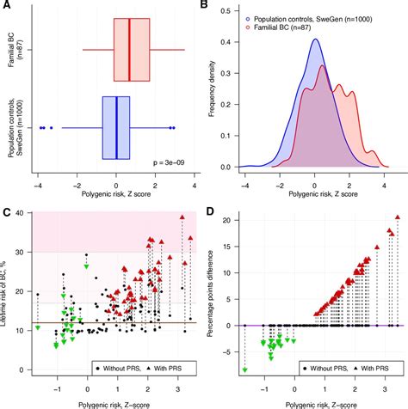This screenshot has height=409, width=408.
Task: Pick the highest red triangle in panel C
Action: pos(182,217)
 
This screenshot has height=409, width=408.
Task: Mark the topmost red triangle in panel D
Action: pos(397,217)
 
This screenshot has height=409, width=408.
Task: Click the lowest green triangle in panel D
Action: pos(244,370)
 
